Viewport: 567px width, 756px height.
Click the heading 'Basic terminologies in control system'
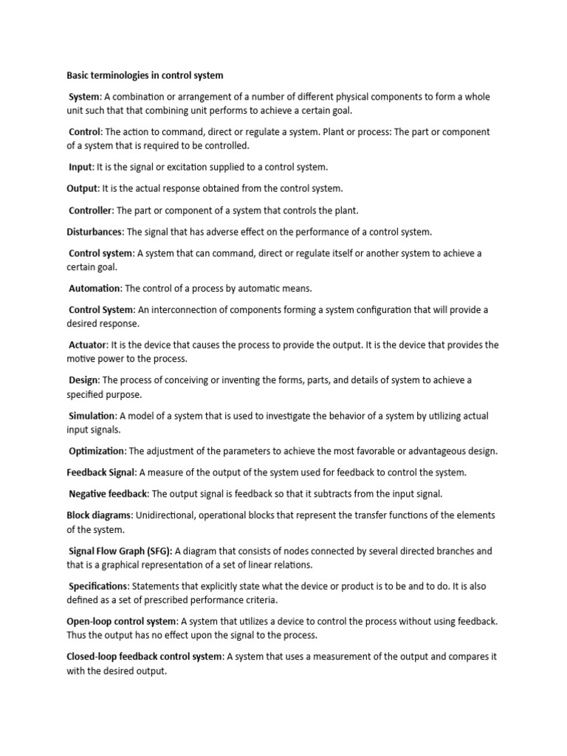pyautogui.click(x=145, y=75)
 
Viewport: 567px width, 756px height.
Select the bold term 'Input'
pyautogui.click(x=80, y=167)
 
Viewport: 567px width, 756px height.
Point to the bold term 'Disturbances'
pyautogui.click(x=94, y=232)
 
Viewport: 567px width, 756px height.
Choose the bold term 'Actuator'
pyautogui.click(x=88, y=345)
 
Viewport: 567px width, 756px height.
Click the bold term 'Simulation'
pyautogui.click(x=92, y=416)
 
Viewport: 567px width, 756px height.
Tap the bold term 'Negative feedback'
pyautogui.click(x=109, y=493)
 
